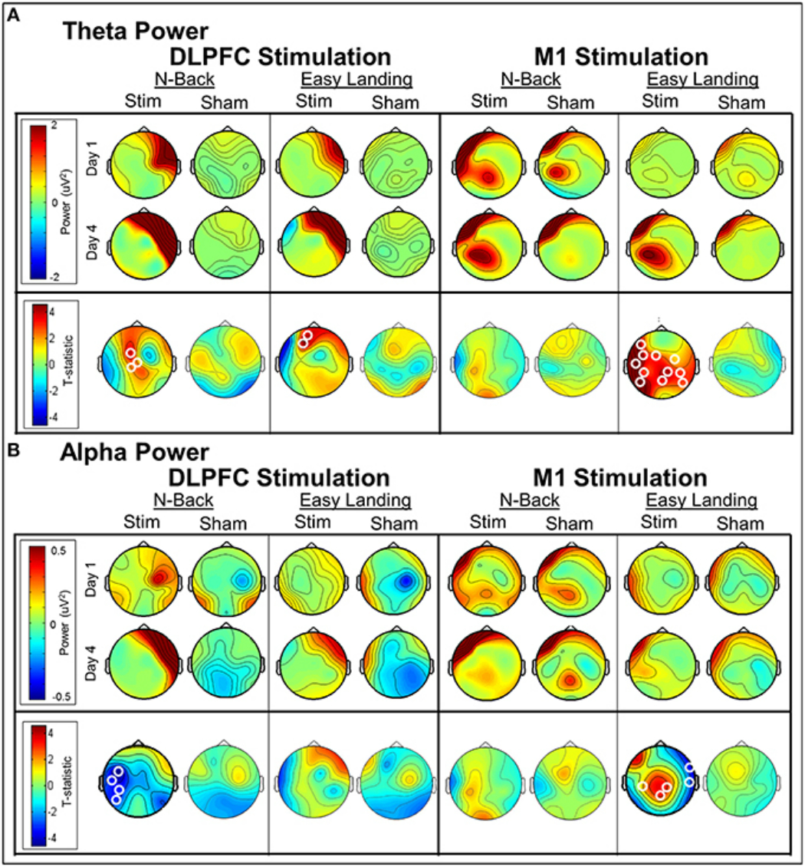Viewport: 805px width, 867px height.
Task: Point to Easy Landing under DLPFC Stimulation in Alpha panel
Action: [x=353, y=500]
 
